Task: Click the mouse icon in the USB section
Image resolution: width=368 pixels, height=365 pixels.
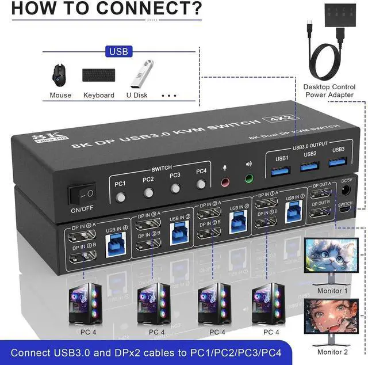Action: click(57, 74)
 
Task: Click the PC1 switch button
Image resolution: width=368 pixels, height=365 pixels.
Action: click(121, 196)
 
